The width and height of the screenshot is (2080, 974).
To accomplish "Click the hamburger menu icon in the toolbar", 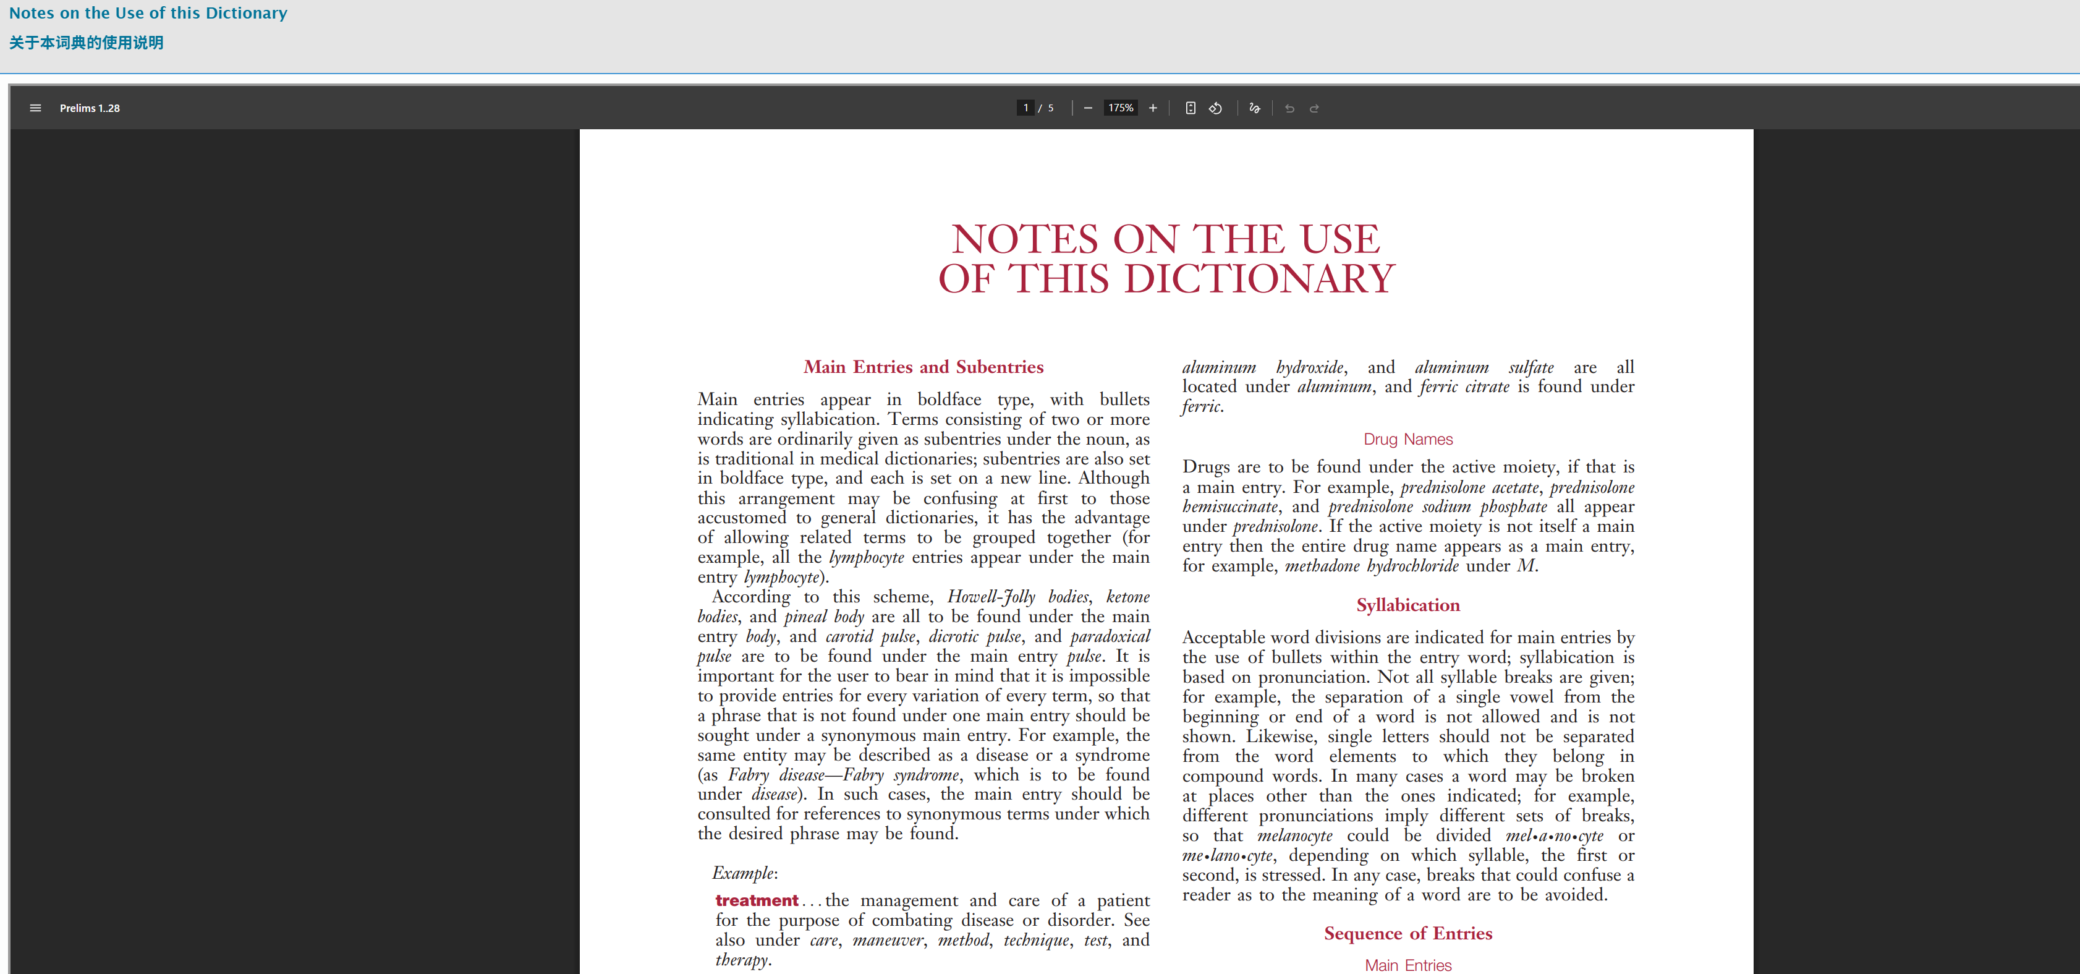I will pos(35,108).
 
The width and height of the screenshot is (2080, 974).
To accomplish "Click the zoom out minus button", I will pos(1088,108).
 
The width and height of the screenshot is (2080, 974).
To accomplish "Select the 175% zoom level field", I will pos(1120,108).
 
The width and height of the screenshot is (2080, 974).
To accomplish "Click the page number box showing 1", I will pos(1025,108).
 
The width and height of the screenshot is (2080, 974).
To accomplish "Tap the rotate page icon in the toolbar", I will pos(1215,108).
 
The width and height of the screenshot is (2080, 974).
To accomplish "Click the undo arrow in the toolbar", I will pos(1289,108).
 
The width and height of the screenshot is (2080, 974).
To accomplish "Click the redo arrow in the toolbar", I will pos(1315,108).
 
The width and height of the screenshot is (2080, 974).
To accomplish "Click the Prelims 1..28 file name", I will pos(90,108).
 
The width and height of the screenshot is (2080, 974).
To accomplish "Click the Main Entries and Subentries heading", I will pos(923,367).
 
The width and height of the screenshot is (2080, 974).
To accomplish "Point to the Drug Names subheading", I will pos(1407,439).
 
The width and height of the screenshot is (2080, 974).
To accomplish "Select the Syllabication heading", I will pos(1407,605).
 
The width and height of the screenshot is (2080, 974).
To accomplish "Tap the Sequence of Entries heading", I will pos(1407,934).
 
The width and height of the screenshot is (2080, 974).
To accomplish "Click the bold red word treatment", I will pos(757,900).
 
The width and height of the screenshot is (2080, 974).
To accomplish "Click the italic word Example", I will pos(744,873).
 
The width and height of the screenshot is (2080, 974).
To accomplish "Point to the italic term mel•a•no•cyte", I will pos(1553,836).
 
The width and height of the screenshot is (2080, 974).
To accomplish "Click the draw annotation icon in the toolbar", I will pos(1254,108).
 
